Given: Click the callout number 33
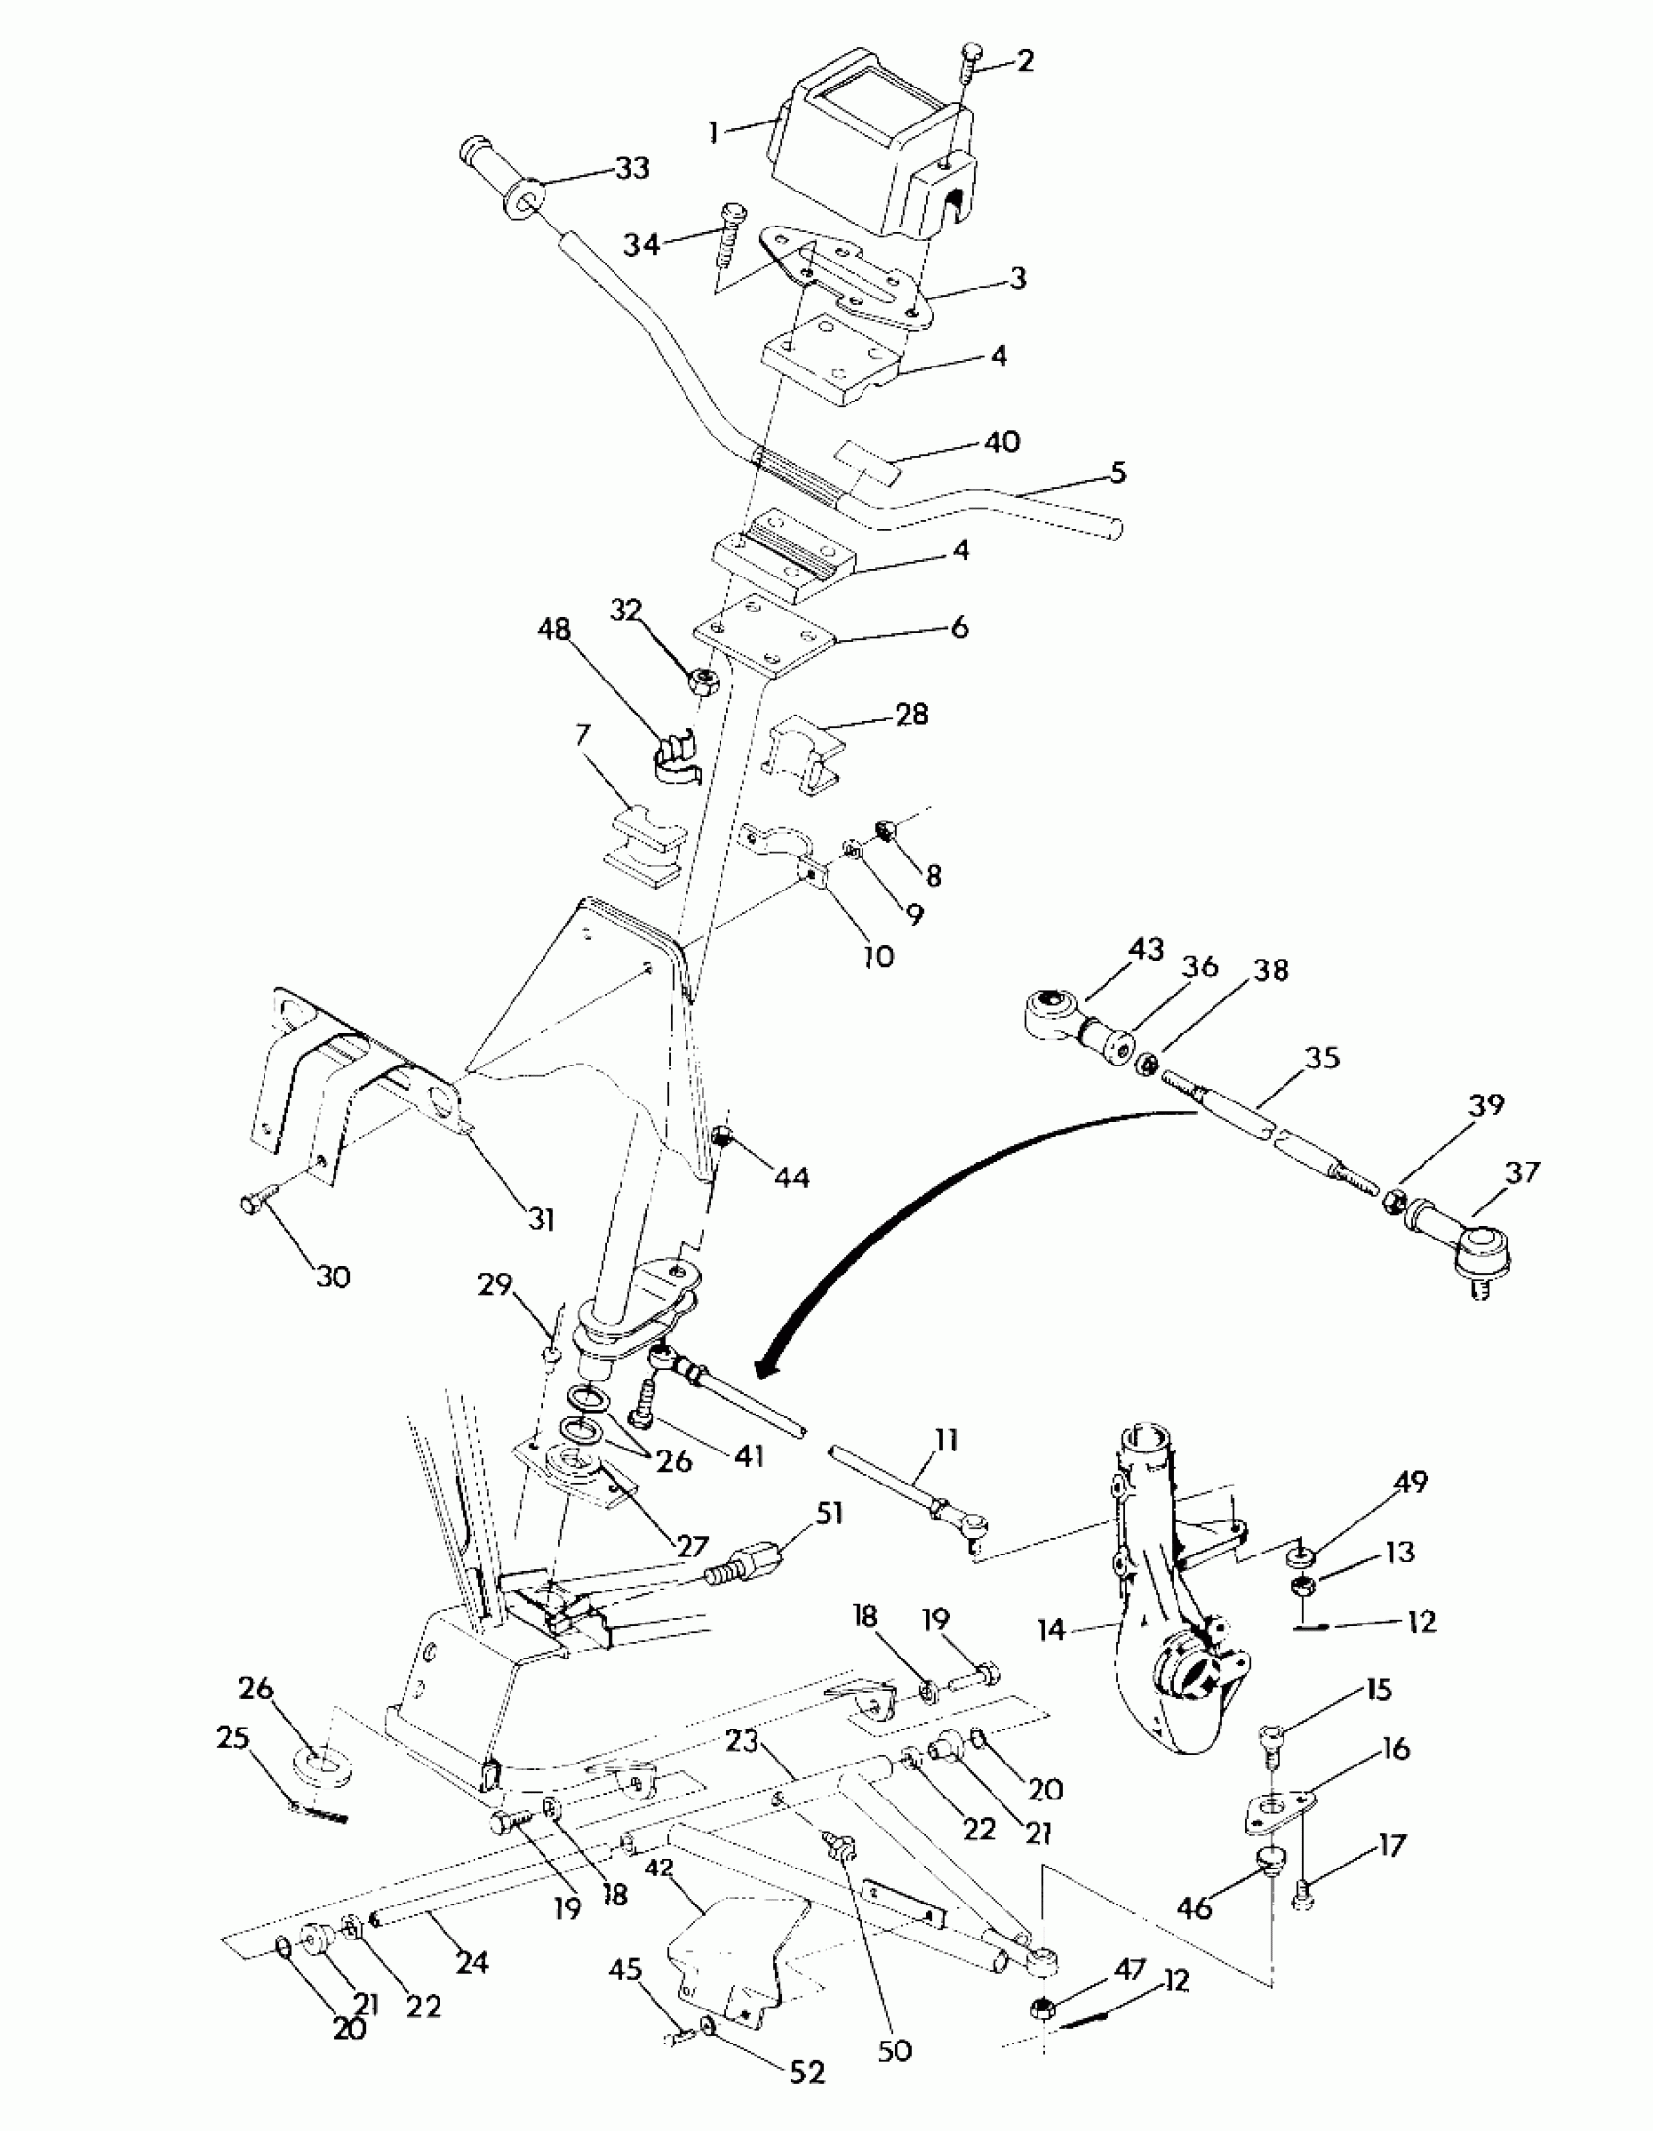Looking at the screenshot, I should pyautogui.click(x=632, y=168).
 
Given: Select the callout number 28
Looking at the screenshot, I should pyautogui.click(x=911, y=715).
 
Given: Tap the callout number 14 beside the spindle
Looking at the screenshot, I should pyautogui.click(x=1051, y=1630).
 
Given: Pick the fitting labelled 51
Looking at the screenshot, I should pyautogui.click(x=750, y=1555).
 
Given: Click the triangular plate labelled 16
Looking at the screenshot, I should pyautogui.click(x=1276, y=1812).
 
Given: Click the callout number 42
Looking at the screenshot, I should pyautogui.click(x=659, y=1868).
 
